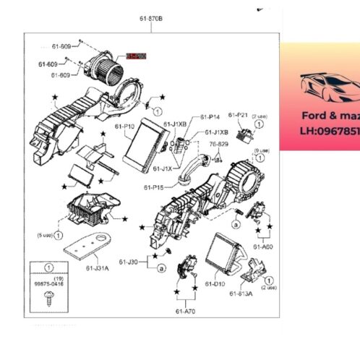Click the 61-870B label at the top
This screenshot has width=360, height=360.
[151, 17]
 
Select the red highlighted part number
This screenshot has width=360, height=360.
[136, 55]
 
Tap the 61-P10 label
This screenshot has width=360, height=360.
[124, 126]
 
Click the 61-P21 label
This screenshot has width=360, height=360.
[238, 116]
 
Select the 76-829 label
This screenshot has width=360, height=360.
[219, 144]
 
